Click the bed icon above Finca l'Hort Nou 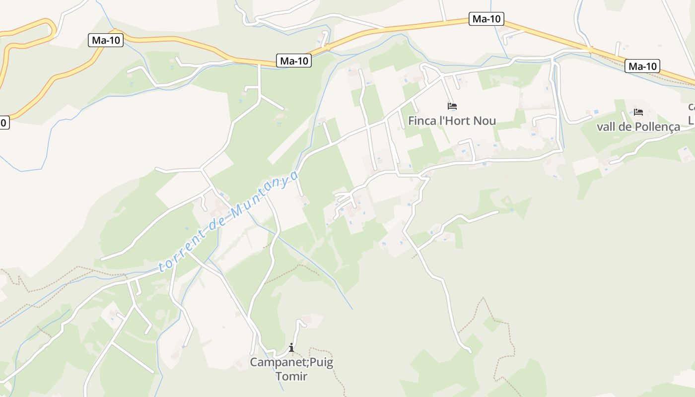tap(452, 106)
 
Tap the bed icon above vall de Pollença tap(638, 112)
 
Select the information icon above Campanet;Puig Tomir tap(291, 347)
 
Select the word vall tap(606, 127)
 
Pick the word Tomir tap(291, 376)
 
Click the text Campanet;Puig tap(291, 362)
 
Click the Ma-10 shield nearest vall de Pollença tap(642, 66)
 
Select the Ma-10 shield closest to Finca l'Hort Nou tap(486, 19)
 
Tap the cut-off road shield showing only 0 tap(3, 122)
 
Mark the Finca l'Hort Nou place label tap(452, 121)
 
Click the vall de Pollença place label tap(638, 127)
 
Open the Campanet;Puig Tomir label tap(291, 369)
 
